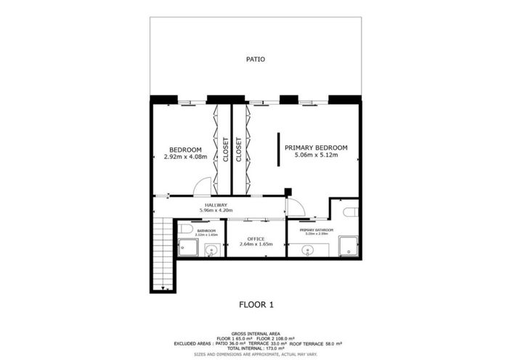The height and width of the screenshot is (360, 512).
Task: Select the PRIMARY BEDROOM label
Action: (x=316, y=147)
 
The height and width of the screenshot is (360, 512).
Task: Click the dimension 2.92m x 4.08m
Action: (x=186, y=157)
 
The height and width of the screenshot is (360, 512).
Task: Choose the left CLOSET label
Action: (x=225, y=149)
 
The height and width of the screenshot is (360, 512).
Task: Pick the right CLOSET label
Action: (x=238, y=149)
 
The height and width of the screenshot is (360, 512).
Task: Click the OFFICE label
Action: (x=255, y=239)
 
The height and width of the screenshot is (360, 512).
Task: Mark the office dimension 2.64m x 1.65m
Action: (x=255, y=245)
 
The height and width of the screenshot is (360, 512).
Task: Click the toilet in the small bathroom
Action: (x=186, y=229)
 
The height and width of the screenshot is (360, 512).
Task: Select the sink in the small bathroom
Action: (x=211, y=251)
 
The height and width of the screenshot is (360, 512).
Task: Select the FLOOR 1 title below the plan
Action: (x=256, y=305)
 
